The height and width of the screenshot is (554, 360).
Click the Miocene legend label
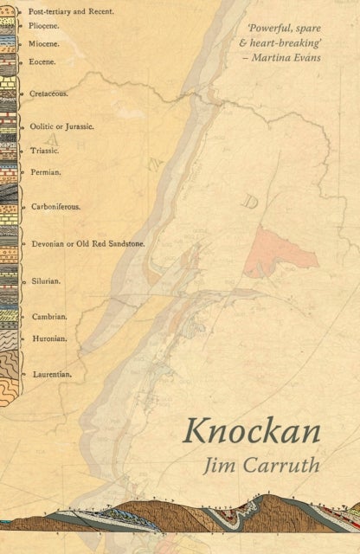[48, 43]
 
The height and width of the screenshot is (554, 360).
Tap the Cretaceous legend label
[51, 92]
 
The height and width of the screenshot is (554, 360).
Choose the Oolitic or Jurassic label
[61, 126]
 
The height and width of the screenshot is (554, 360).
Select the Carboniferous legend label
[56, 208]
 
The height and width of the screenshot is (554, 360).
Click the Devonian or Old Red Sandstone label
[87, 244]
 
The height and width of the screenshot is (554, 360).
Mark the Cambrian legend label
[49, 317]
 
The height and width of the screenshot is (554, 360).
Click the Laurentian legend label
[52, 375]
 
